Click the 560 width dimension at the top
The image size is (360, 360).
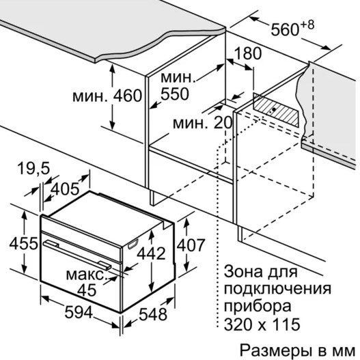286,30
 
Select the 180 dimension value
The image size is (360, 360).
248,53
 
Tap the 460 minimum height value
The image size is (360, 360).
128,96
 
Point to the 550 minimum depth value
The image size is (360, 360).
175,94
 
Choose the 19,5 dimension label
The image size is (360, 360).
33,168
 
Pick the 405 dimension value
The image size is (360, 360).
65,189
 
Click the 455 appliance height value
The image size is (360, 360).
23,243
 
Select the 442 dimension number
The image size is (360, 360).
151,253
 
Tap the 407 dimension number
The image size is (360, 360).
191,245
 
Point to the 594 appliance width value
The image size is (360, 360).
79,312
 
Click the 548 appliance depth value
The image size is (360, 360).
153,314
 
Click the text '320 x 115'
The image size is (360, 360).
262,324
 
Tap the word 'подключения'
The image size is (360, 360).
277,289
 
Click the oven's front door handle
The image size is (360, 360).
77,254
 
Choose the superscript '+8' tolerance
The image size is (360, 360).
307,25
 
